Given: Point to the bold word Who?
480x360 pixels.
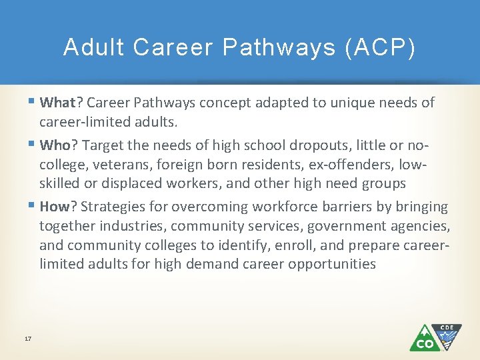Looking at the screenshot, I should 59,145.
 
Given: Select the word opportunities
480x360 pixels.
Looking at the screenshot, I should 332,263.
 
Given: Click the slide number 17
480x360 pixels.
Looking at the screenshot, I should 28,339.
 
